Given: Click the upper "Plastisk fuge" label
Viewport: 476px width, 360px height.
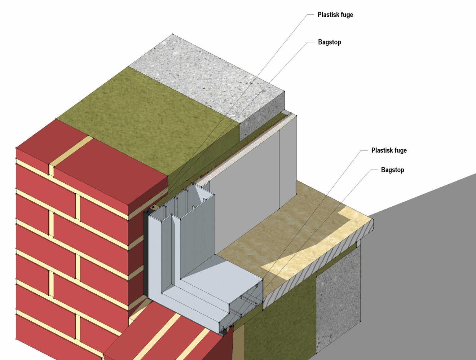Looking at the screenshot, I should click(x=335, y=15).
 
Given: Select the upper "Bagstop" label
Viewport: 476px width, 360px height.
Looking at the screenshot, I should click(x=329, y=42).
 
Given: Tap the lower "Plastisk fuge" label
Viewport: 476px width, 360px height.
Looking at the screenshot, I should click(x=389, y=151).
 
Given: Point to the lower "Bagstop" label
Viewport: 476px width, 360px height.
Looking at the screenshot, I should click(x=392, y=170).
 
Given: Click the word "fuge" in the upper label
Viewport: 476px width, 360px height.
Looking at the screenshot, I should click(x=346, y=15).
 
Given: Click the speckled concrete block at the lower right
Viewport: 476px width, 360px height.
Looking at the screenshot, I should click(x=338, y=297).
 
